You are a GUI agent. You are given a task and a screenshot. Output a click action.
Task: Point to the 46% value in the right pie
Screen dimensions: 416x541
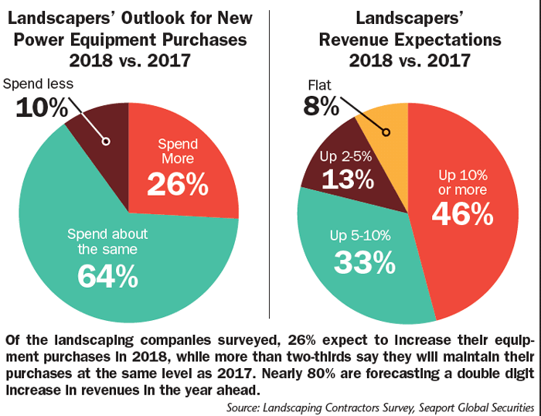pyautogui.click(x=461, y=214)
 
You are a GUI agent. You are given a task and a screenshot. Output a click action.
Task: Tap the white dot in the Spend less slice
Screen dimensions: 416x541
pyautogui.click(x=105, y=141)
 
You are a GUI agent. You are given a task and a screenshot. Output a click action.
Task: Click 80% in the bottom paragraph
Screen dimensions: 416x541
pyautogui.click(x=347, y=372)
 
